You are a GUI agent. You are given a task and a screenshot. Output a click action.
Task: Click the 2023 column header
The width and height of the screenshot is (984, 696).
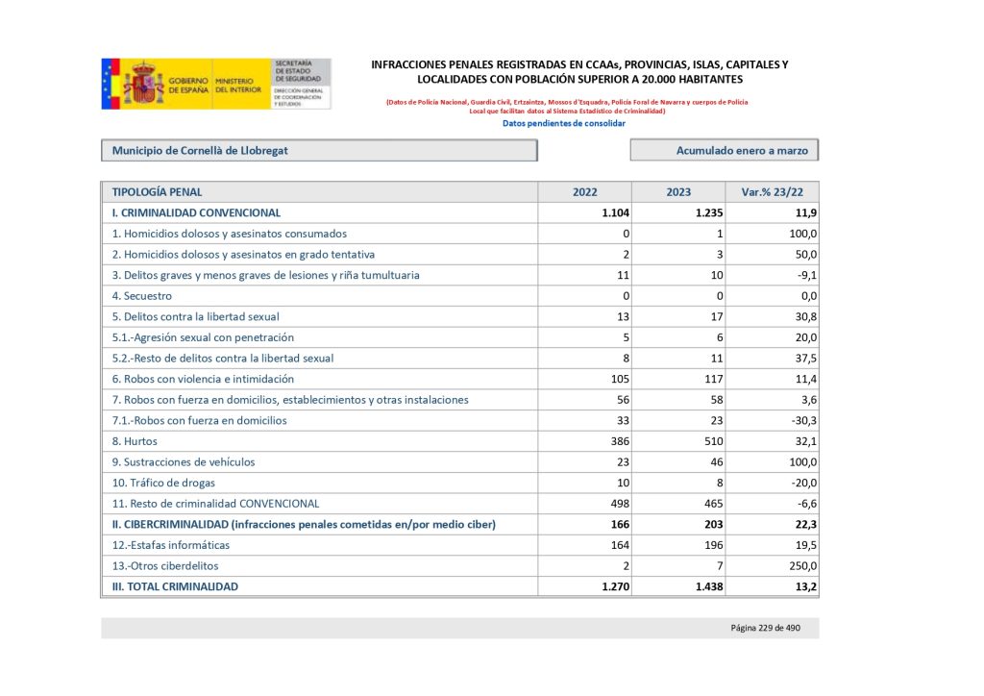click(678, 192)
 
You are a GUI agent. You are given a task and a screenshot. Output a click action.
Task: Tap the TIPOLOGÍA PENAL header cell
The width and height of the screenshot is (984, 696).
click(158, 192)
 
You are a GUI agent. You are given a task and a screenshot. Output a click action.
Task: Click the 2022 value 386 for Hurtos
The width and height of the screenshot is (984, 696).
click(617, 441)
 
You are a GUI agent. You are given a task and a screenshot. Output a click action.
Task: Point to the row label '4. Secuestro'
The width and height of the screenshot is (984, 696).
click(142, 296)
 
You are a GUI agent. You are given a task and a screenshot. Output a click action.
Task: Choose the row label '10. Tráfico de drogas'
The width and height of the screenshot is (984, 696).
click(163, 483)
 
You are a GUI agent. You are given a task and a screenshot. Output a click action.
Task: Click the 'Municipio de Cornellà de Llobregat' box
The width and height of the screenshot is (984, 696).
click(318, 151)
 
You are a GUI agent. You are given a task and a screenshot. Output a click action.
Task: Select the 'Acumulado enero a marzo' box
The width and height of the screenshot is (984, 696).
click(725, 151)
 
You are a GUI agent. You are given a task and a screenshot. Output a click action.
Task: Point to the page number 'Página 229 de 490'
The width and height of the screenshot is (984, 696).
click(766, 628)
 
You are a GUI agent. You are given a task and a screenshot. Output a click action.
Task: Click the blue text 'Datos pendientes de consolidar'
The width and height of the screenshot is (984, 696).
click(564, 123)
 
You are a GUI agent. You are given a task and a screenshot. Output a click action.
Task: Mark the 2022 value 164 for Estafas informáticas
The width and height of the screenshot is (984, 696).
click(617, 545)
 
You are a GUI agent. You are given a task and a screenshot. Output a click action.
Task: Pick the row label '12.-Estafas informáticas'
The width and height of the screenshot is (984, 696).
click(171, 545)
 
